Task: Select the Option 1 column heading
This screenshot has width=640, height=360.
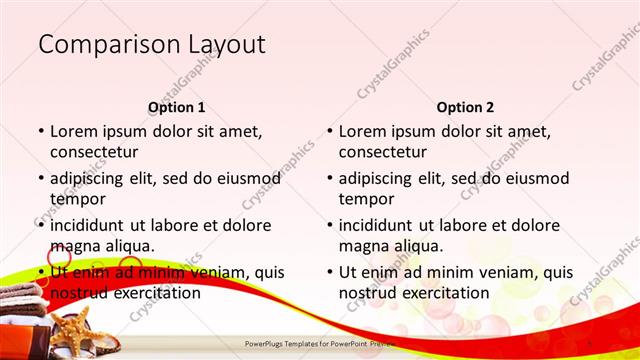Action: click(177, 107)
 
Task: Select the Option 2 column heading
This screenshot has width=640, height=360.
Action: click(465, 107)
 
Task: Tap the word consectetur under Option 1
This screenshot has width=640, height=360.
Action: click(94, 152)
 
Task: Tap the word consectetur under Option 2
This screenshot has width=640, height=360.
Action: click(383, 152)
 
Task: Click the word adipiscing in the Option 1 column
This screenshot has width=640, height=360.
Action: click(92, 178)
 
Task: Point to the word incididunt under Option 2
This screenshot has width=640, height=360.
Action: click(380, 225)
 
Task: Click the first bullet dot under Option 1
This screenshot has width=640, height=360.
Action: click(40, 132)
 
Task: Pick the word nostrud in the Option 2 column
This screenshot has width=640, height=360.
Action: click(366, 293)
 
